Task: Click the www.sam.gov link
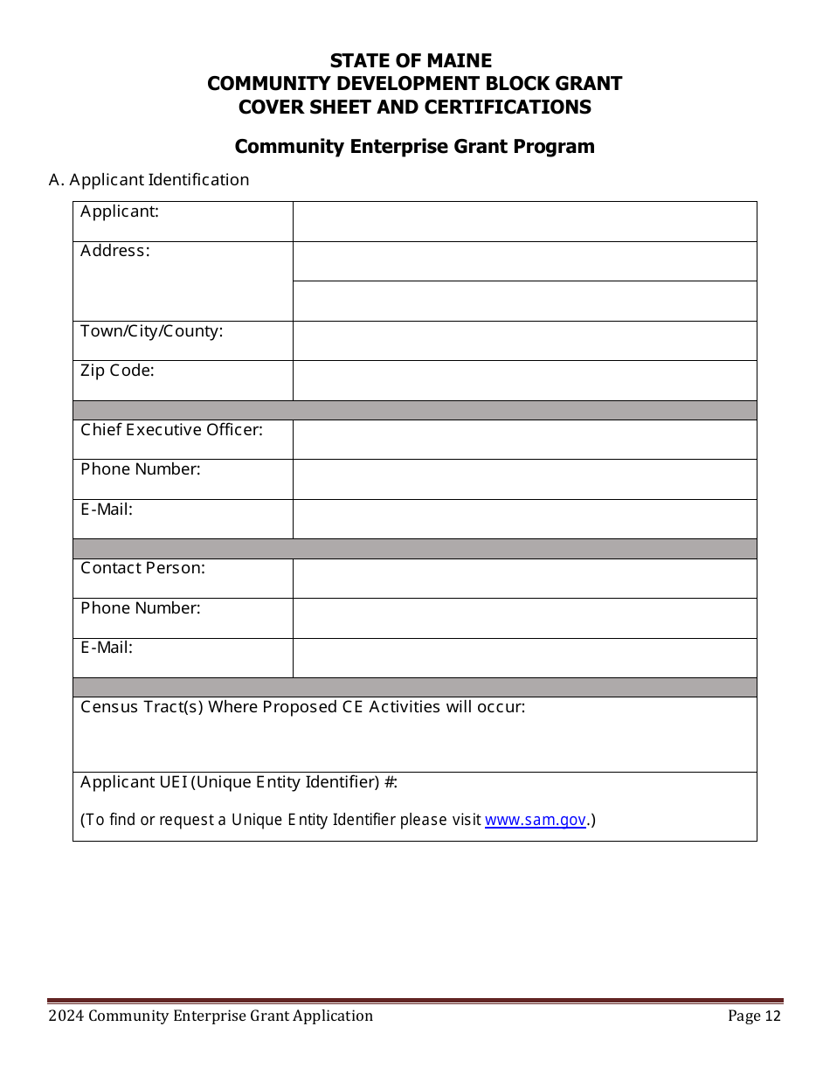[535, 820]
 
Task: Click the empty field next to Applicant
[524, 221]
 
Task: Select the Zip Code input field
[524, 380]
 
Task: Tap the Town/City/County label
[152, 331]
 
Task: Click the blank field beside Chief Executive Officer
[524, 440]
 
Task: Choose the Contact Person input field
[524, 578]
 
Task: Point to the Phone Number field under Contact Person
[524, 618]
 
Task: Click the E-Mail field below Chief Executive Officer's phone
[524, 518]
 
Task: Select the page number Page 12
[755, 1016]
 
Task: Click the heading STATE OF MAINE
[411, 61]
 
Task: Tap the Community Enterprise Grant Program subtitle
[414, 146]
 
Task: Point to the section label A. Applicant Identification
[149, 179]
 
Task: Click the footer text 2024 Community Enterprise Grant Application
[211, 1016]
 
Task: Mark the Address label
[115, 251]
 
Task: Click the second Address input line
[524, 301]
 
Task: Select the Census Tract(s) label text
[303, 707]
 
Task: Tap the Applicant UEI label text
[239, 782]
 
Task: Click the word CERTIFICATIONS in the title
[503, 107]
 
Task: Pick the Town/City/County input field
[524, 340]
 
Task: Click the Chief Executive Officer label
[172, 429]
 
